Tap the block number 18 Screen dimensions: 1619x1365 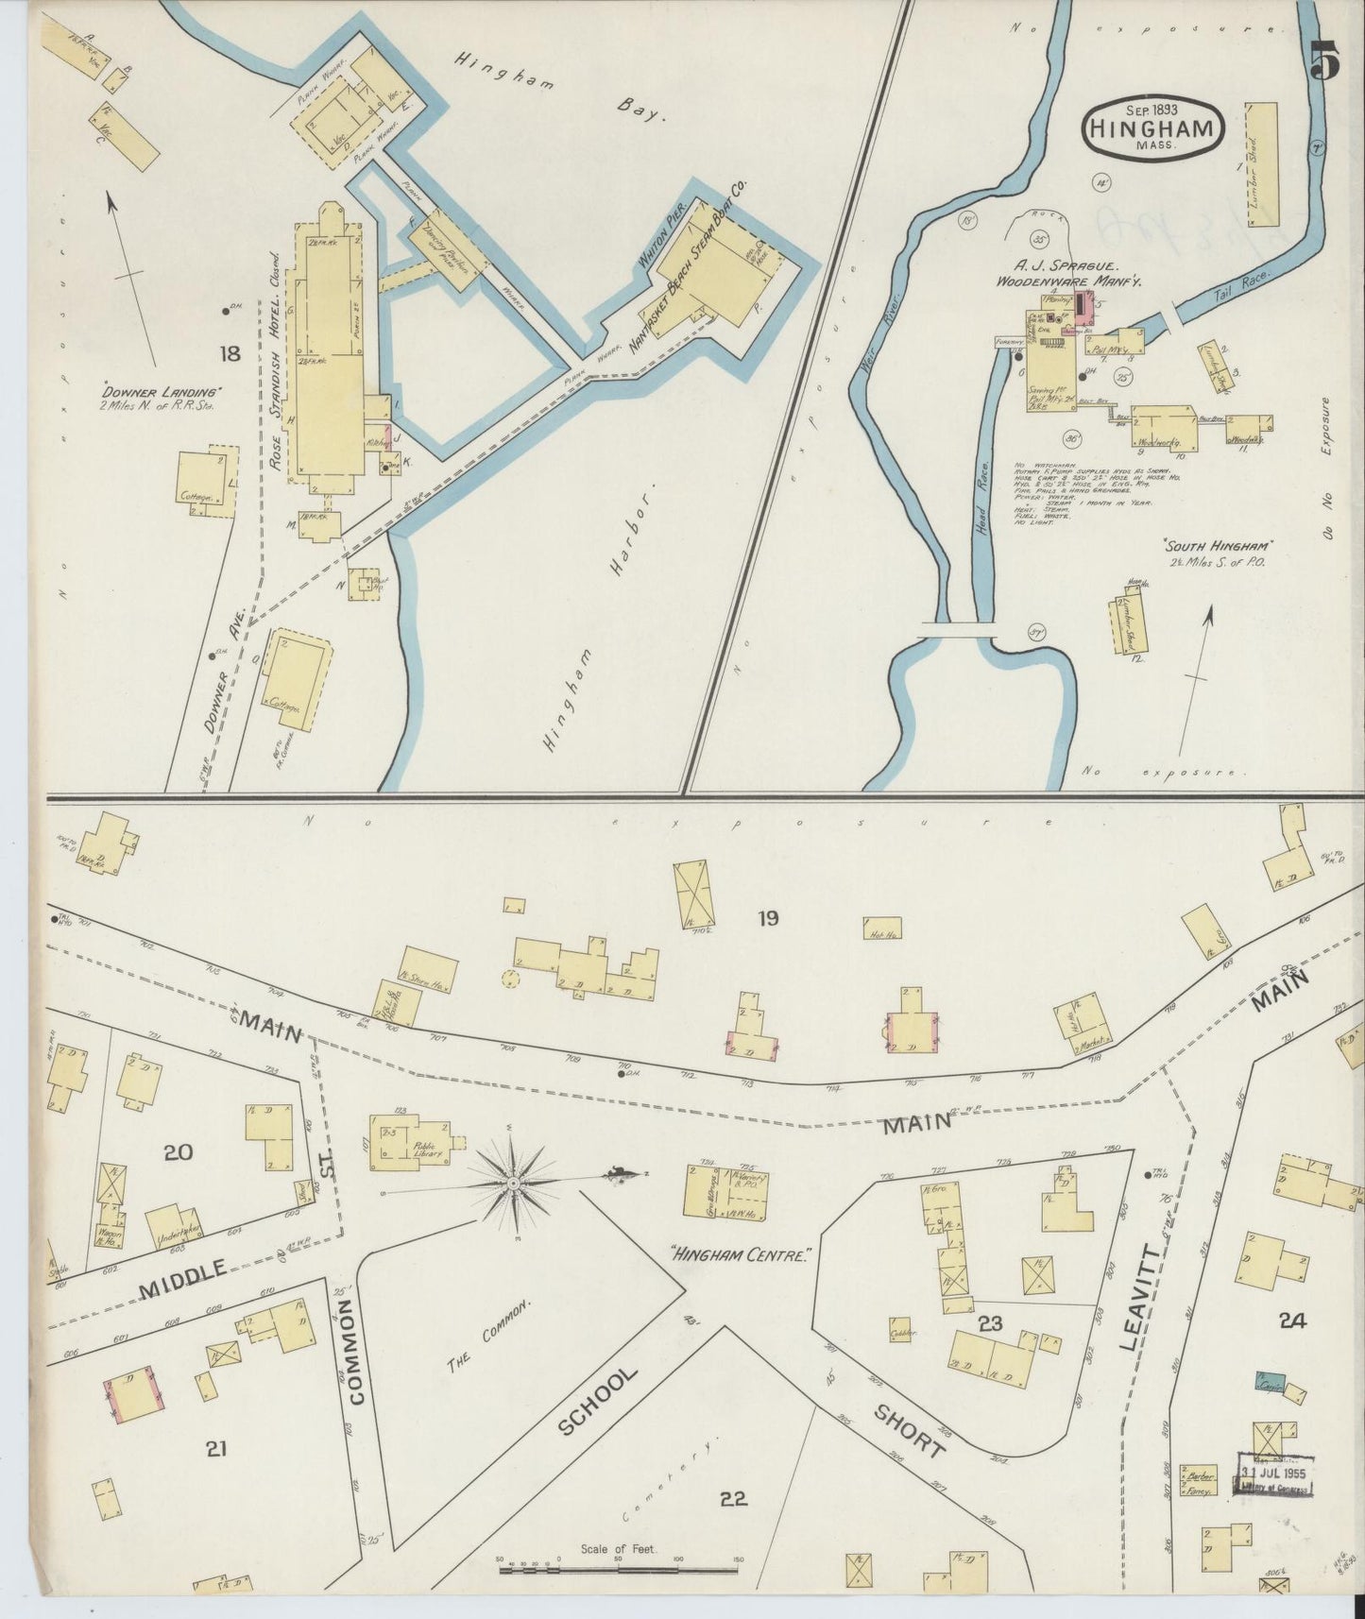tap(229, 354)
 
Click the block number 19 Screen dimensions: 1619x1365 tap(768, 917)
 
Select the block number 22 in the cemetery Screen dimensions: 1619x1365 tap(733, 1498)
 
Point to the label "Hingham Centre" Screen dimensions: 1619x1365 tap(742, 1257)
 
